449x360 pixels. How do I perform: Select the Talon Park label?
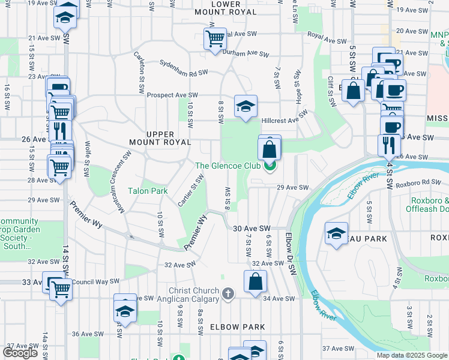(x=146, y=191)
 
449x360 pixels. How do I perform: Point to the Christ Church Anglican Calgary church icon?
(x=228, y=294)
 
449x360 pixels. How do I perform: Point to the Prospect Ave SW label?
(x=173, y=95)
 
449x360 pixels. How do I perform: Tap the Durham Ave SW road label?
(x=246, y=53)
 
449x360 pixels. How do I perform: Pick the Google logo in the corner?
(x=21, y=353)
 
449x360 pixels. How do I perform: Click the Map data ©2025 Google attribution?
(x=412, y=355)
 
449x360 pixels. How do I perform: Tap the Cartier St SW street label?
(x=191, y=190)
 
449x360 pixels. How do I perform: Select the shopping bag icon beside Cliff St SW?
(x=354, y=91)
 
